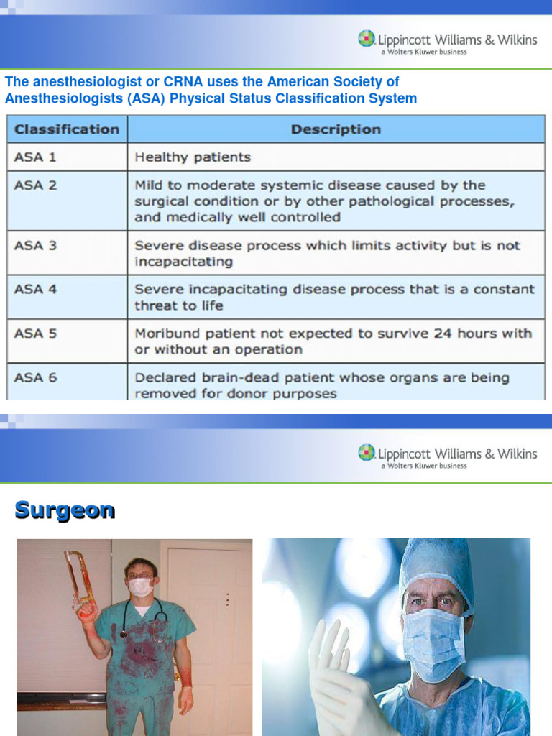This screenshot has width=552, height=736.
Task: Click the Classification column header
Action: click(67, 129)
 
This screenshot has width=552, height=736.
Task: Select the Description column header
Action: click(336, 129)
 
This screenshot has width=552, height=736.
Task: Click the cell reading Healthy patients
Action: click(193, 157)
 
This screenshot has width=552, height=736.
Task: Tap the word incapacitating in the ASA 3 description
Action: click(183, 262)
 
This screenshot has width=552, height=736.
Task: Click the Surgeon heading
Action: click(65, 510)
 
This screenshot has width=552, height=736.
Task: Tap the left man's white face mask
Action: click(141, 586)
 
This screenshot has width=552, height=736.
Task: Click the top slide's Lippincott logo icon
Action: click(367, 39)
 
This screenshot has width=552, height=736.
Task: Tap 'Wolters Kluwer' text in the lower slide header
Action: click(423, 466)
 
